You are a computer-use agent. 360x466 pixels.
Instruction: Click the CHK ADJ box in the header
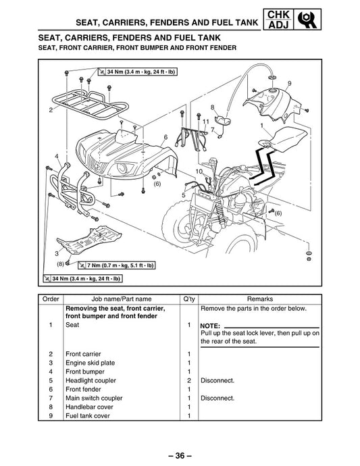point(278,20)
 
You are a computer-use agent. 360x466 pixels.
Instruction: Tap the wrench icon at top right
point(307,20)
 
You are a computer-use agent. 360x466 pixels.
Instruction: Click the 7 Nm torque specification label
point(117,265)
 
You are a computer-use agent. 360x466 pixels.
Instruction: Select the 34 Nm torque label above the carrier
point(138,72)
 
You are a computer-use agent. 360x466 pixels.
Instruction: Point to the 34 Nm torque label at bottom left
point(82,278)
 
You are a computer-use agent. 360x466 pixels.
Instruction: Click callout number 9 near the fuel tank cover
point(289,84)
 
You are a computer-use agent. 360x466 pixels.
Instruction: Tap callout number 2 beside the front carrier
point(51,110)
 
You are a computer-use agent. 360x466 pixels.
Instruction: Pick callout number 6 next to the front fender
point(165,137)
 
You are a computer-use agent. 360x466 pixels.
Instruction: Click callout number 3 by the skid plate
point(57,253)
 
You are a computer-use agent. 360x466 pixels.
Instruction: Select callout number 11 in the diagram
point(206,122)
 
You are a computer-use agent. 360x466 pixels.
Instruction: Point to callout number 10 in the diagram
point(199,172)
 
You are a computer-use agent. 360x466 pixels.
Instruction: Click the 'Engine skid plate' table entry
point(90,363)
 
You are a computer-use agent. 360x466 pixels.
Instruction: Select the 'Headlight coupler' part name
point(91,380)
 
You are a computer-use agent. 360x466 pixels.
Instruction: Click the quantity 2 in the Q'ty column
point(189,380)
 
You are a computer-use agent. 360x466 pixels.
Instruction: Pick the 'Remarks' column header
point(260,299)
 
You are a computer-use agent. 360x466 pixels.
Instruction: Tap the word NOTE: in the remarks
point(210,326)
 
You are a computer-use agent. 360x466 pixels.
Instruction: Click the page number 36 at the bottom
point(180,455)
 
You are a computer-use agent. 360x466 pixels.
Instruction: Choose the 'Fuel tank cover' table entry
point(88,416)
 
